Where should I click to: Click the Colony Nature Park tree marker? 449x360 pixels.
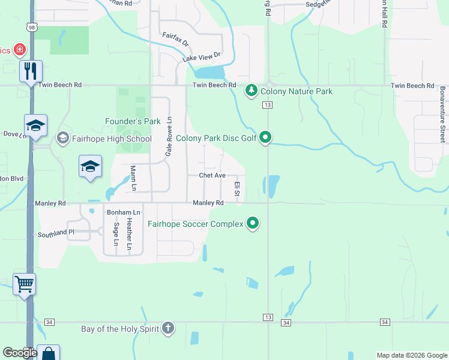pyautogui.click(x=252, y=91)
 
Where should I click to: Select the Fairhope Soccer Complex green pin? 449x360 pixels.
pyautogui.click(x=253, y=224)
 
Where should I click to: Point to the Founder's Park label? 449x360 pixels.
pyautogui.click(x=133, y=121)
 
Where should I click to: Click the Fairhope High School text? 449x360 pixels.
pyautogui.click(x=112, y=139)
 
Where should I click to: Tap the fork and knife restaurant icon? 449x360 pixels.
pyautogui.click(x=29, y=71)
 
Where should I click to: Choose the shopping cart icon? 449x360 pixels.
pyautogui.click(x=25, y=283)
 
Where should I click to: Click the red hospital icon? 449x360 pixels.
pyautogui.click(x=20, y=49)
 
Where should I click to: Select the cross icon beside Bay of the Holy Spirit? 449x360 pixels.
pyautogui.click(x=169, y=328)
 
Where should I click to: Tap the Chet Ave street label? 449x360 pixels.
pyautogui.click(x=212, y=175)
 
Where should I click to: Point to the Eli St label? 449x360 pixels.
pyautogui.click(x=238, y=190)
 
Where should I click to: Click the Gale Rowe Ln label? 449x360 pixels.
pyautogui.click(x=169, y=137)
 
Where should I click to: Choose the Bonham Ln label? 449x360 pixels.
pyautogui.click(x=123, y=212)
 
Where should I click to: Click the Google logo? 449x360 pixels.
pyautogui.click(x=20, y=353)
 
